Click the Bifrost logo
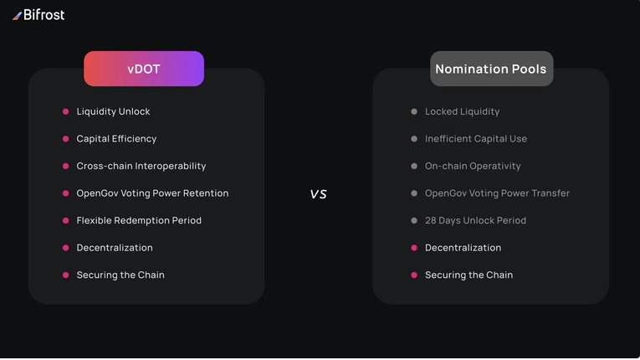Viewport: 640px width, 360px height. pyautogui.click(x=38, y=15)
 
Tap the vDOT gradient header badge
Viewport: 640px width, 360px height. pyautogui.click(x=144, y=69)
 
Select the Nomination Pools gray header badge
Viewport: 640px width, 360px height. pyautogui.click(x=491, y=69)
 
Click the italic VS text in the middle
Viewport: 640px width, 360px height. pyautogui.click(x=319, y=193)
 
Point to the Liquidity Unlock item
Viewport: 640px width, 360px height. pyautogui.click(x=113, y=111)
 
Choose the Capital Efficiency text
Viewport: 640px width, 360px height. pyautogui.click(x=116, y=139)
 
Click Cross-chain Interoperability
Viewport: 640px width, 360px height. pyautogui.click(x=141, y=166)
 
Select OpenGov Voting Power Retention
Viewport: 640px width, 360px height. pyautogui.click(x=152, y=193)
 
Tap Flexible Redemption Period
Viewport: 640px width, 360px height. pyautogui.click(x=139, y=221)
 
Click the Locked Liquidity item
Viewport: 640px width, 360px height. pyautogui.click(x=462, y=111)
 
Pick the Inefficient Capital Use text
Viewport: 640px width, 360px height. pyautogui.click(x=476, y=139)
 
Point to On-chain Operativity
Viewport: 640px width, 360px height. pyautogui.click(x=473, y=166)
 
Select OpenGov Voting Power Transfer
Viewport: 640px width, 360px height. pyautogui.click(x=497, y=193)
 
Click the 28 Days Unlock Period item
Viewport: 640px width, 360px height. pyautogui.click(x=475, y=221)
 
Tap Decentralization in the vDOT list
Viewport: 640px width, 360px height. pyautogui.click(x=115, y=248)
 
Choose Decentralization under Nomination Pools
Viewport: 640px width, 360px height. pyautogui.click(x=463, y=248)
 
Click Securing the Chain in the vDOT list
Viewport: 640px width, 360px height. pyautogui.click(x=120, y=275)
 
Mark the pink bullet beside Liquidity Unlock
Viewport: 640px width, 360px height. pyautogui.click(x=66, y=111)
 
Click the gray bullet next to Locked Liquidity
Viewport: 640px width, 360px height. pyautogui.click(x=414, y=111)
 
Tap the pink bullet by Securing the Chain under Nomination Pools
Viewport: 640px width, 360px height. pyautogui.click(x=414, y=275)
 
